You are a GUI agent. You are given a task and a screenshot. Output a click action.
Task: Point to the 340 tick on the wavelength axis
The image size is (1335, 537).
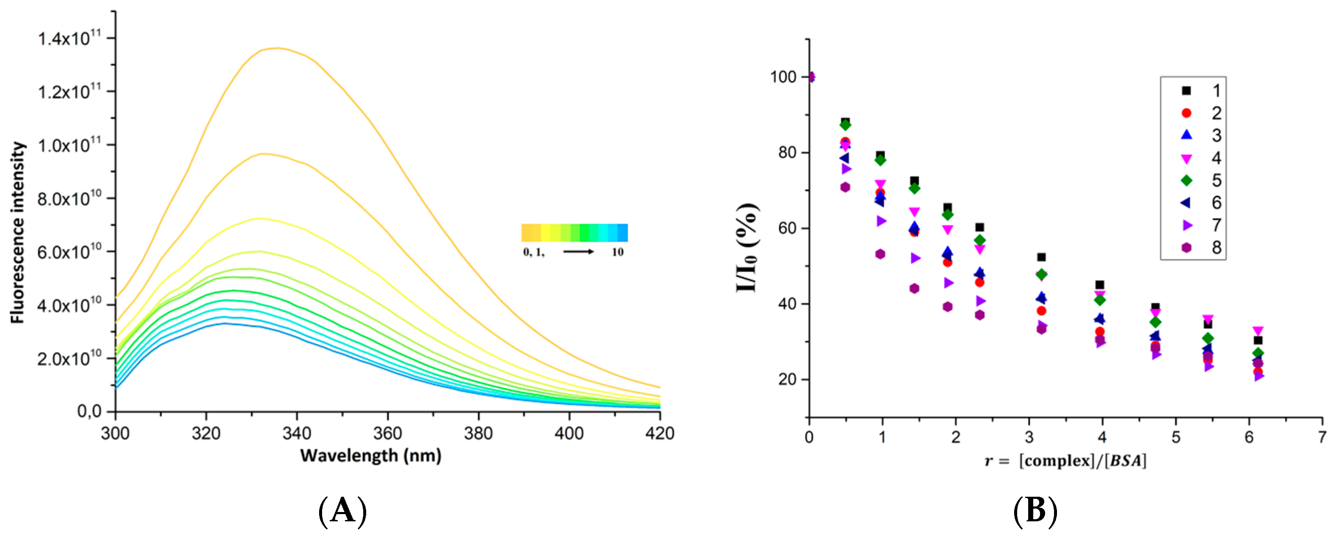[297, 433]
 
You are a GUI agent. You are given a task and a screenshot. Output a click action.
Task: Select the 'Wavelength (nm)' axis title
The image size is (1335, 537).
[370, 456]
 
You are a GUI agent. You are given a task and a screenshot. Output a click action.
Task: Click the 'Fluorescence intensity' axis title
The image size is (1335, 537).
[18, 232]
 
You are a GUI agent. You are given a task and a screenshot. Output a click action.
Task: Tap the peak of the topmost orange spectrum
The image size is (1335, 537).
[278, 48]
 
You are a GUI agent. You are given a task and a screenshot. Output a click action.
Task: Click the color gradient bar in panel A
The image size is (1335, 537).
[574, 233]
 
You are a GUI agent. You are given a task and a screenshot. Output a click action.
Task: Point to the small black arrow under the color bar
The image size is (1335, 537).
[578, 252]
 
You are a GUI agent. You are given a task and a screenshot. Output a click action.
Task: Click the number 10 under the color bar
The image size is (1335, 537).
[617, 253]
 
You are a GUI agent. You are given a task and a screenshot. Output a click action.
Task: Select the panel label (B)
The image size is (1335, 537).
[1035, 511]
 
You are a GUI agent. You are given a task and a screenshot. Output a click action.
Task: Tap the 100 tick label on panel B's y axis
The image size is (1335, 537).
[783, 77]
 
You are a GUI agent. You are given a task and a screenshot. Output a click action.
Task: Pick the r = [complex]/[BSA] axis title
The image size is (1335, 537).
[1065, 461]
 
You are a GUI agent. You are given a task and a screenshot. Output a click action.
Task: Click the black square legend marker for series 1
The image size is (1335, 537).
[1186, 91]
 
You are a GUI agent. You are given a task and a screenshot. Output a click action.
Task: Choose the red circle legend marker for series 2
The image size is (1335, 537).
[1186, 113]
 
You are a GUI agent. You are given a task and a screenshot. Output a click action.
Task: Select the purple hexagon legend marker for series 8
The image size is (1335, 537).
[1186, 248]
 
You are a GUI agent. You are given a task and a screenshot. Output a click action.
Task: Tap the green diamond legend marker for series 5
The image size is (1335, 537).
[1186, 181]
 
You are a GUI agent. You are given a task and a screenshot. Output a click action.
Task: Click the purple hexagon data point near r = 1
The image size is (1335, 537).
[880, 254]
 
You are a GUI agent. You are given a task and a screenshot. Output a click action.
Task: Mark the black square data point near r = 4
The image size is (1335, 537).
[1100, 284]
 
